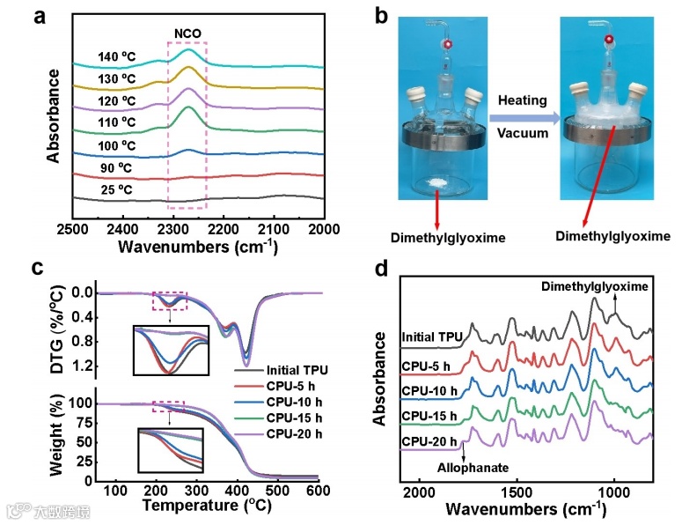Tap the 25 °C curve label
pos(120,188)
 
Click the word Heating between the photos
pos(523,102)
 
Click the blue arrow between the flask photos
pos(524,117)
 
